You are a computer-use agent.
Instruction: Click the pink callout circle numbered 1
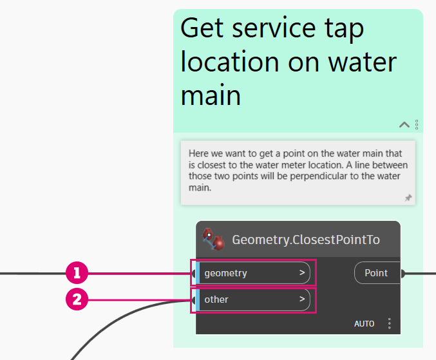[77, 272]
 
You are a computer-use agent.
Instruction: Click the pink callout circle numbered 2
[77, 299]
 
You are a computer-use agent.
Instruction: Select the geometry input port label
[226, 273]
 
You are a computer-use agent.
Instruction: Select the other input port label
[216, 299]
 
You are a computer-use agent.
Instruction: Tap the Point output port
[377, 273]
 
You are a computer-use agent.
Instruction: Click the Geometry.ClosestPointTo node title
[306, 240]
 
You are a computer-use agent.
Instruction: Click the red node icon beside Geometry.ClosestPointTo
[213, 239]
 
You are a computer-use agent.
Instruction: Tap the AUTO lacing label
[364, 324]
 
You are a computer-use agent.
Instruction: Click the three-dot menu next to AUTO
[389, 323]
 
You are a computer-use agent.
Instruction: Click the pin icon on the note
[408, 198]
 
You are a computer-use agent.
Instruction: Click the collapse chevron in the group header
[404, 124]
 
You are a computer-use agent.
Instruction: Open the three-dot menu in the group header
[417, 124]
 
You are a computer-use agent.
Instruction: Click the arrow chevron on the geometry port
[302, 272]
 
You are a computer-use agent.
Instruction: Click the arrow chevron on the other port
[302, 299]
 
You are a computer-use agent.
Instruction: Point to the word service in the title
[274, 28]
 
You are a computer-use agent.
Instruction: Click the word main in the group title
[211, 95]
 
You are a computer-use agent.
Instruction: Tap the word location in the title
[230, 62]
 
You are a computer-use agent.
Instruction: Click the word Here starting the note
[198, 153]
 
